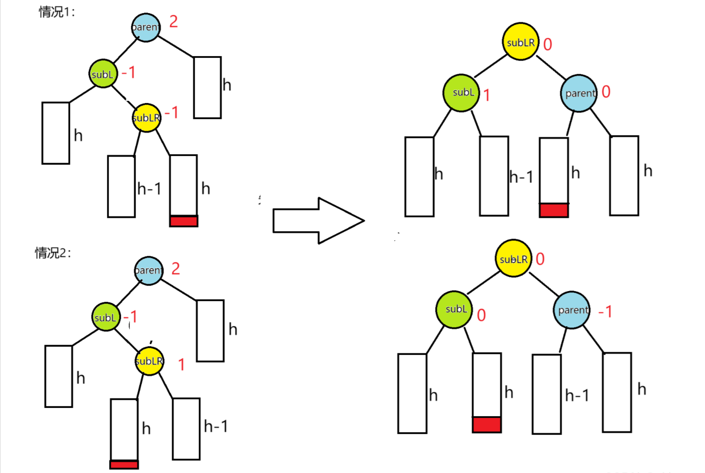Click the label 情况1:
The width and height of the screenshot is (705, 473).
tap(57, 12)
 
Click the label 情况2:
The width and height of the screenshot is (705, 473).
tap(53, 252)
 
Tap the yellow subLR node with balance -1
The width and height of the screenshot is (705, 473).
tap(146, 118)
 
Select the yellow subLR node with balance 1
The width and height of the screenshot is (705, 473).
tap(150, 361)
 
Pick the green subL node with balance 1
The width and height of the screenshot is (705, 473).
tap(461, 93)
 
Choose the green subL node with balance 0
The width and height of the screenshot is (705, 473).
tap(454, 309)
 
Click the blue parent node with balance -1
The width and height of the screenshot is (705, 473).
tap(572, 310)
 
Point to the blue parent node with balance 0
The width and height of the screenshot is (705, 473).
tap(579, 93)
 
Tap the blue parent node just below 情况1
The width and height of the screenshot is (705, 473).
tap(146, 27)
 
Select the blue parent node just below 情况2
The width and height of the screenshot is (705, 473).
tap(149, 270)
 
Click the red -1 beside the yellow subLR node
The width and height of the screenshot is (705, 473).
tap(172, 113)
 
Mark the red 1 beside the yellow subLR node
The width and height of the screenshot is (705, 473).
tap(182, 364)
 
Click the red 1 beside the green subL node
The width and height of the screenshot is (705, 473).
tap(487, 95)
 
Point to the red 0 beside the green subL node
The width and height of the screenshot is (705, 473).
tap(481, 315)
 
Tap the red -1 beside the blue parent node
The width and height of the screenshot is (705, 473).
tap(605, 311)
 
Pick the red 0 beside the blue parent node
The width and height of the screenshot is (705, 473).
tap(606, 92)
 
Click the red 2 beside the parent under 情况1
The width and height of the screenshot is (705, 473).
tap(173, 21)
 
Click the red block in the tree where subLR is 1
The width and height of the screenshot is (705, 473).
tap(124, 465)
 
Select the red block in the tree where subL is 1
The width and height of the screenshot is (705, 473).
tap(554, 210)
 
